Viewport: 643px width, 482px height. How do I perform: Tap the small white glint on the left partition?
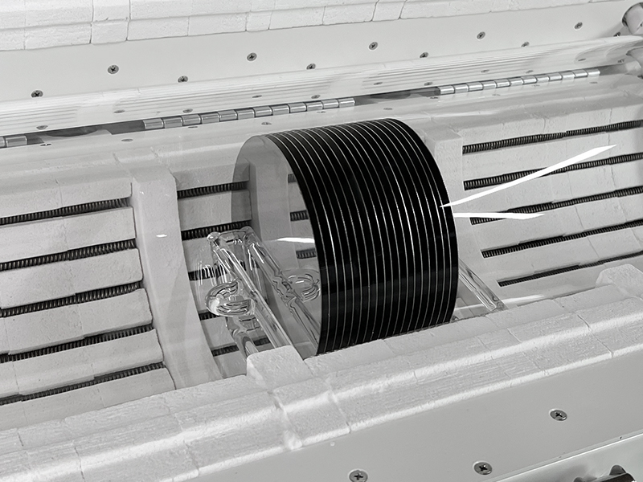[x=160, y=235]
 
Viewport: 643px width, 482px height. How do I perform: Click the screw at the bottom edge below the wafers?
[x=358, y=475]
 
